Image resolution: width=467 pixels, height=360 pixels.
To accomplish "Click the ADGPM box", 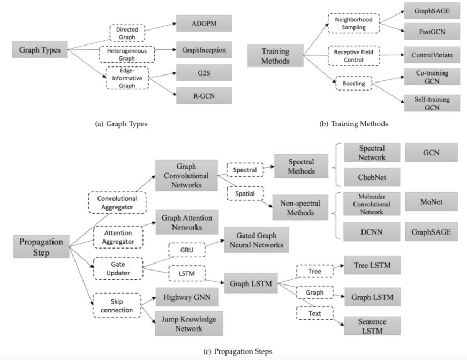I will click(204, 24).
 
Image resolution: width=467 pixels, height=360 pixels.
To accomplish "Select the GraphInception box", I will click(204, 51).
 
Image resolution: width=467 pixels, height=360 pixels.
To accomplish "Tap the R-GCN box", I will click(204, 95).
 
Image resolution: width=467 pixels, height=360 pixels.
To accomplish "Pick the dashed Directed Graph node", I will click(127, 33).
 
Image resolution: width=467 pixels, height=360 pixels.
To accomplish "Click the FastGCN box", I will click(433, 32).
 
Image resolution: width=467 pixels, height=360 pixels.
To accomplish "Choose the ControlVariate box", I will click(433, 55).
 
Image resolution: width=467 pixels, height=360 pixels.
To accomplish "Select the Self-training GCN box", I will click(433, 102).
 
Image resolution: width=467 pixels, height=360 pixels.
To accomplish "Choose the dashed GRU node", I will click(185, 250).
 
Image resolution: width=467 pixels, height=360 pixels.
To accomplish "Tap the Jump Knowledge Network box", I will click(189, 324).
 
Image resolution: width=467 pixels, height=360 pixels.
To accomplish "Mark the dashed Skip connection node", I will click(116, 305).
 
